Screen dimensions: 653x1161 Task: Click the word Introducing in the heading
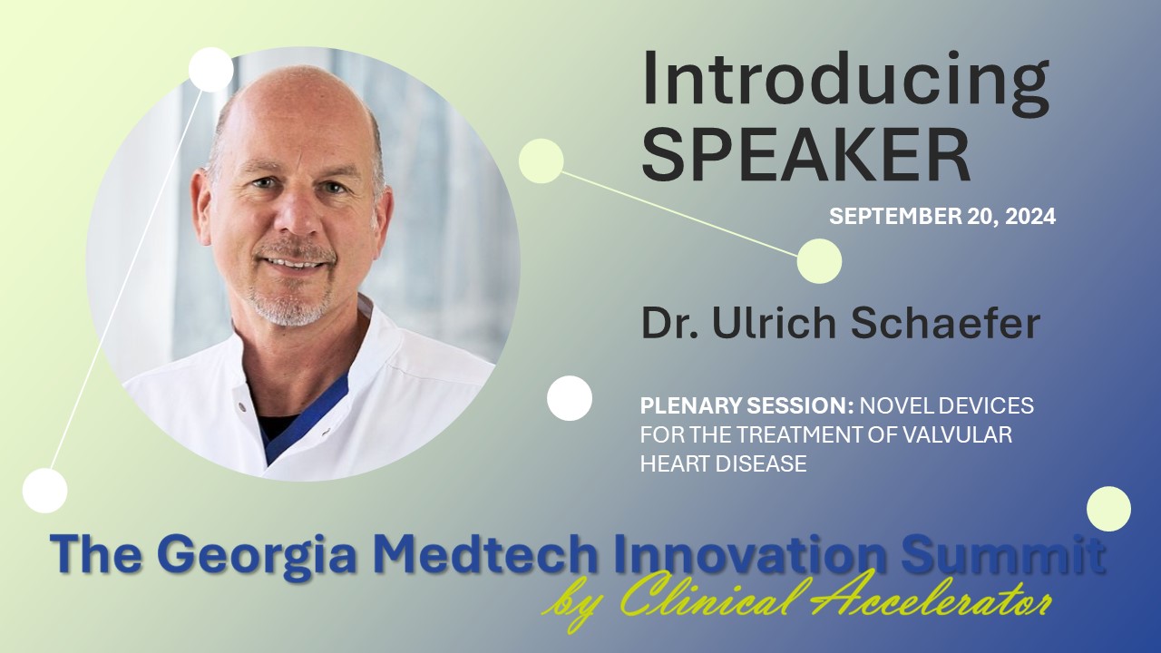click(845, 82)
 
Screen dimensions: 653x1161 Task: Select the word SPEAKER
click(806, 154)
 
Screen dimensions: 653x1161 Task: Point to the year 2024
click(1028, 217)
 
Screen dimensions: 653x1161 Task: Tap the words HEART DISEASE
click(723, 463)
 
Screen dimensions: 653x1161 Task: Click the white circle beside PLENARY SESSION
click(570, 398)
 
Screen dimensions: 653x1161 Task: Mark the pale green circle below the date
click(819, 261)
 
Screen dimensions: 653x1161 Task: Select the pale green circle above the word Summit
click(1108, 508)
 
